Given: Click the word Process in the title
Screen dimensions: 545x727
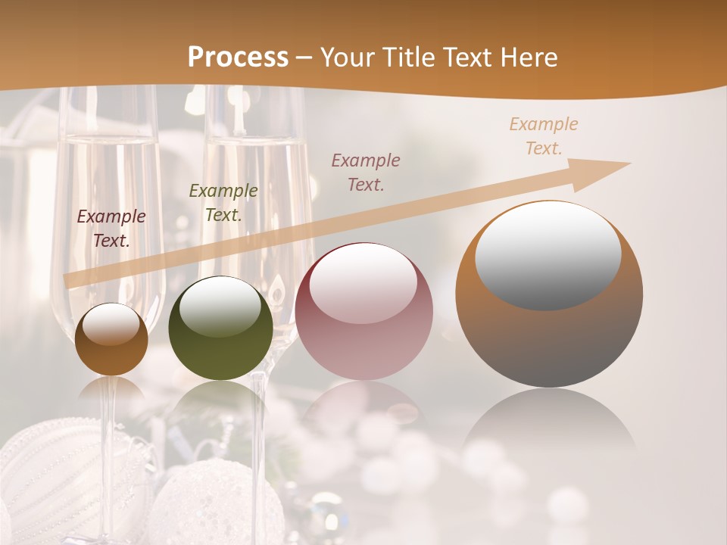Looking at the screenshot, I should [238, 58].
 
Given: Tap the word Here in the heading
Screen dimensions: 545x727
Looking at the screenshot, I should [527, 58].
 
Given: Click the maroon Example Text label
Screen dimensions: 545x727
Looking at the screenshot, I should [111, 229].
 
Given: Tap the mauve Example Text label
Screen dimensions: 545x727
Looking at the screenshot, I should [366, 172].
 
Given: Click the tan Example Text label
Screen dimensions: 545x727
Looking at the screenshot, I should [543, 136].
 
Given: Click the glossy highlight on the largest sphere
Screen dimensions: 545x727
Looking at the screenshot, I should [548, 256].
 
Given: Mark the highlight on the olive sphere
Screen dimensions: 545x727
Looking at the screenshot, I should [220, 306].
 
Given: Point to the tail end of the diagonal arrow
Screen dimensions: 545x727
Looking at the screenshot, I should [68, 281].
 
